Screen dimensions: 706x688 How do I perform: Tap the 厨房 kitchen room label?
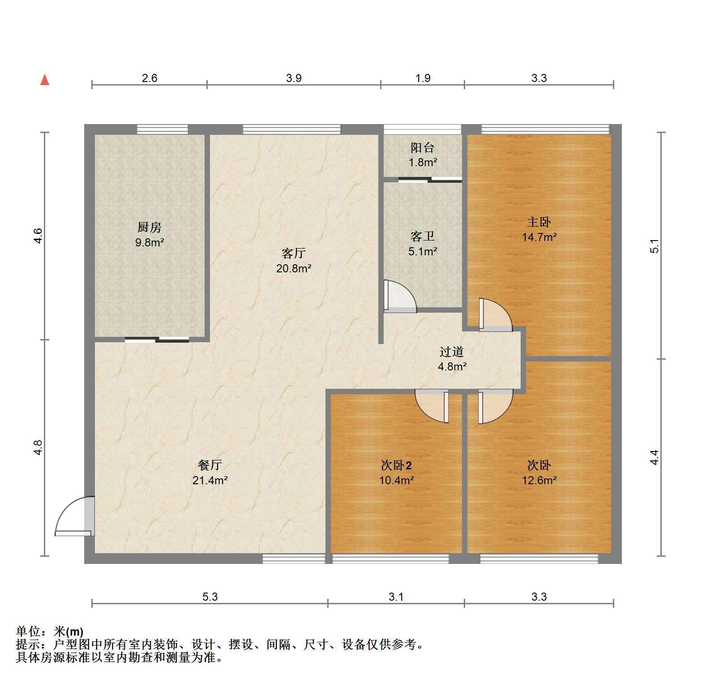pos(149,228)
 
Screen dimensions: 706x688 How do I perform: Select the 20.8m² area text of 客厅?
pos(294,268)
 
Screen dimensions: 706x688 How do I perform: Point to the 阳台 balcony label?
pos(423,147)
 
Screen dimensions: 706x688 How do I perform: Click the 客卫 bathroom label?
pos(423,236)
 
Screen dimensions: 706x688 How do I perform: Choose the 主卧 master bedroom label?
pos(539,222)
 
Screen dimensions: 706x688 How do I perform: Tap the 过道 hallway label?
pos(451,352)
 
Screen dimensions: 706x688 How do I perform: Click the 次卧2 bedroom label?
pos(396,465)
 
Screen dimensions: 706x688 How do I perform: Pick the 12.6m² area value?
pos(539,480)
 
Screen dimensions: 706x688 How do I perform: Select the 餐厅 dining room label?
pos(210,465)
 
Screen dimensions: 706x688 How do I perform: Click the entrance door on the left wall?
pos(75,516)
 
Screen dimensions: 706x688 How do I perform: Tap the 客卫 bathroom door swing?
pos(400,296)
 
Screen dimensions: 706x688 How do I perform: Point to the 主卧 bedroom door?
pos(495,314)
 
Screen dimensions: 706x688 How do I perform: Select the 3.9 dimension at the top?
pos(294,78)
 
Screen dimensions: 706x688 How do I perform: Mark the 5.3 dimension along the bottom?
pos(210,597)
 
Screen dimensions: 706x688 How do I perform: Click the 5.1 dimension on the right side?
pos(655,246)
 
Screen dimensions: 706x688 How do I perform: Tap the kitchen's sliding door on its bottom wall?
pos(157,339)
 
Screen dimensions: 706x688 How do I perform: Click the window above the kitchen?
pos(162,129)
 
